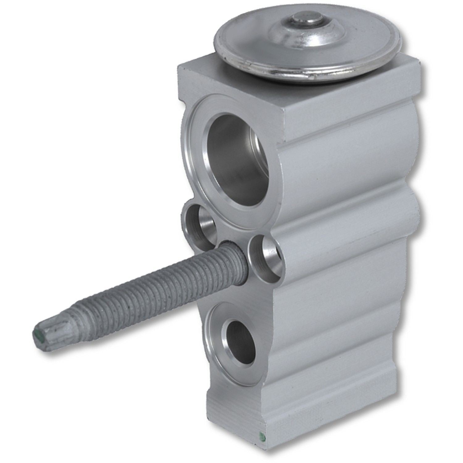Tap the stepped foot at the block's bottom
pyautogui.click(x=340, y=423)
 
